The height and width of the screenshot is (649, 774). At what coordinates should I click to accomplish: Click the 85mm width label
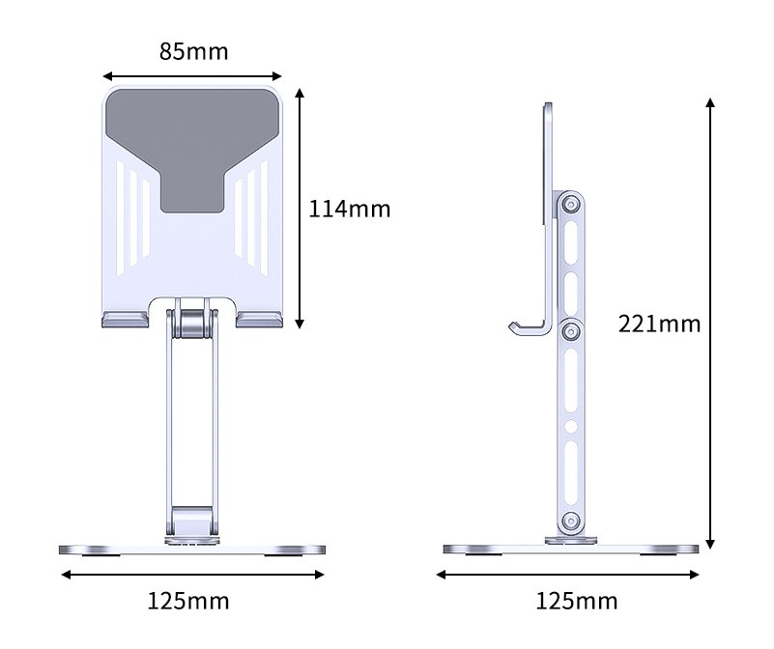[193, 51]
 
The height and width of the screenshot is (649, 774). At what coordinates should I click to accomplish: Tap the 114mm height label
[349, 208]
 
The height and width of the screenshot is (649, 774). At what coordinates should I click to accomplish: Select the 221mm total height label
[659, 324]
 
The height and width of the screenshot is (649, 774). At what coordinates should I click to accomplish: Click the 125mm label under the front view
[188, 601]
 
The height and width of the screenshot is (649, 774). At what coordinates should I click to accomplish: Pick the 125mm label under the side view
[576, 601]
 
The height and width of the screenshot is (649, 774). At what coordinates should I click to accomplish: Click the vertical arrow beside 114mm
[301, 208]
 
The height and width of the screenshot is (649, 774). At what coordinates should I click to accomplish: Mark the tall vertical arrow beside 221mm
[711, 324]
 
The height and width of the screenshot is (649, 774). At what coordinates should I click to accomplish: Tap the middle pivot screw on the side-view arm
[570, 329]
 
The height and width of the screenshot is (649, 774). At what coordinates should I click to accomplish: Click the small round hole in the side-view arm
[570, 426]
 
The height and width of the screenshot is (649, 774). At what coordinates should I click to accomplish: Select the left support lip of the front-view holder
[123, 320]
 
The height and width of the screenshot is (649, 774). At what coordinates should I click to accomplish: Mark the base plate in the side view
[570, 549]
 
